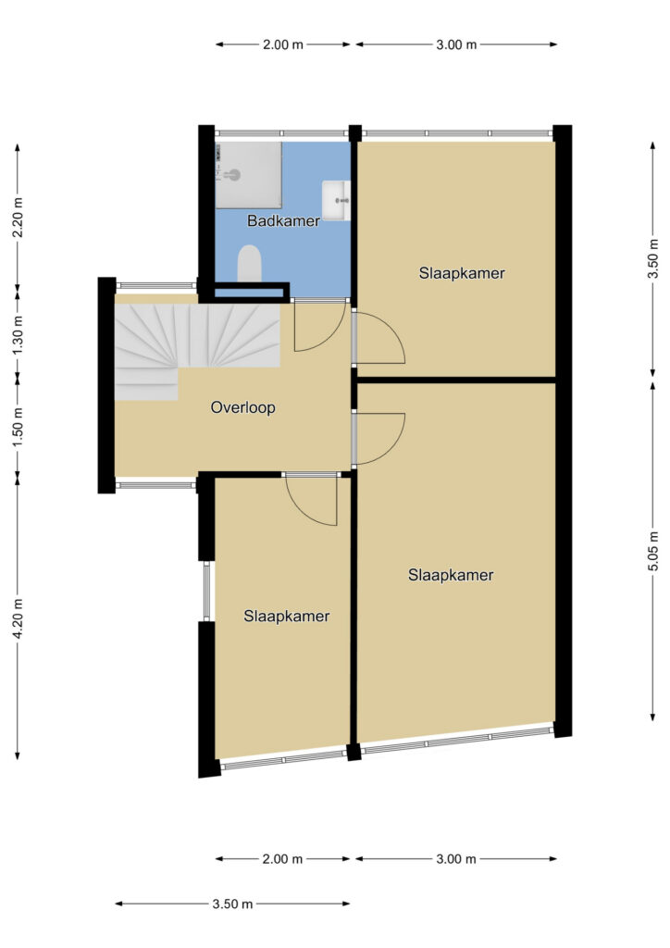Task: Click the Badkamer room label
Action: (283, 220)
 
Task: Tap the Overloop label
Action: (242, 407)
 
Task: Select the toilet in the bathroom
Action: (249, 263)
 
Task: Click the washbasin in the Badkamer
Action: (336, 200)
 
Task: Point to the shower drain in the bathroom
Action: (232, 175)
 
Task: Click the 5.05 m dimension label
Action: (653, 551)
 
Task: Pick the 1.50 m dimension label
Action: (18, 423)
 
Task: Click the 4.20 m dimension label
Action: (18, 617)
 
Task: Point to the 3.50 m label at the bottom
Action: (232, 904)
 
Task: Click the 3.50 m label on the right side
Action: (653, 259)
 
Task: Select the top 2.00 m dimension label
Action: (283, 44)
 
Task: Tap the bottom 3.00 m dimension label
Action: (456, 858)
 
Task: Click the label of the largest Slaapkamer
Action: (451, 575)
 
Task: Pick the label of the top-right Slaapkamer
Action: (462, 273)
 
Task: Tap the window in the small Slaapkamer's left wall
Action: (206, 591)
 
